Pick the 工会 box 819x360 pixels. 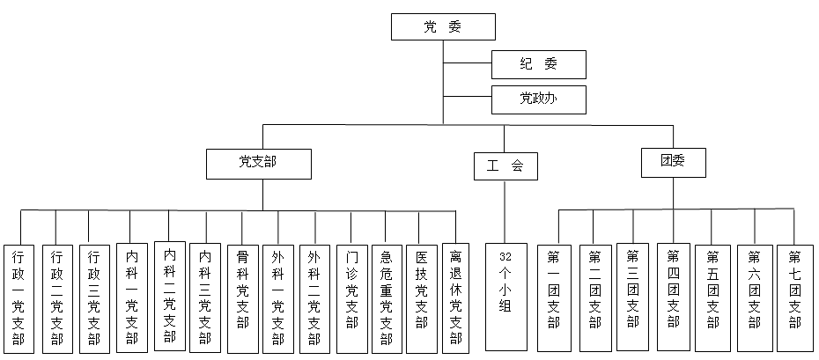point(505,165)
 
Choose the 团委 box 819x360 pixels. point(674,162)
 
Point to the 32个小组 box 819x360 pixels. point(505,297)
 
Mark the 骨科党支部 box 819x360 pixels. point(243,297)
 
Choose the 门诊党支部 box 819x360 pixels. point(352,297)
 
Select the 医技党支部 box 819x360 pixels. point(423,297)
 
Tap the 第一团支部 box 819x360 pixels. point(554,297)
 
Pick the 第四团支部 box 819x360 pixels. point(674,297)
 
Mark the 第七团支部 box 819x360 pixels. point(794,297)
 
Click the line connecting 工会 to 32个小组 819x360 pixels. point(505,211)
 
